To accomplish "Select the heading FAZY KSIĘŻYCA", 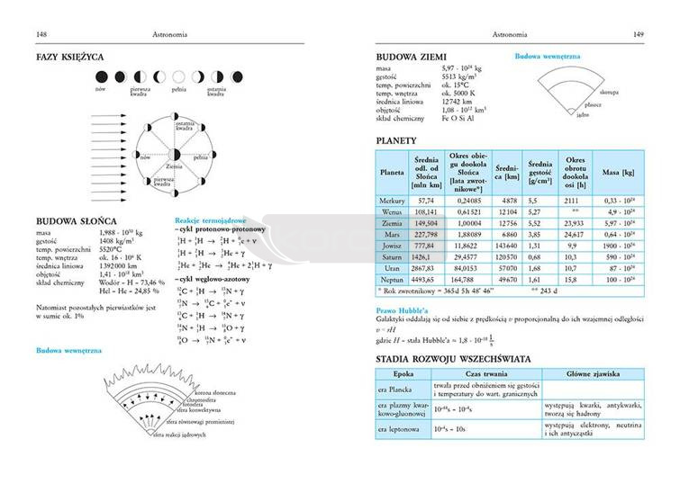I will (x=69, y=57).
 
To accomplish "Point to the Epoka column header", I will (x=403, y=373).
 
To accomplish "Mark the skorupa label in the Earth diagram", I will (x=607, y=92).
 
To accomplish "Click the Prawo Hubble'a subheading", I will (x=403, y=310).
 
